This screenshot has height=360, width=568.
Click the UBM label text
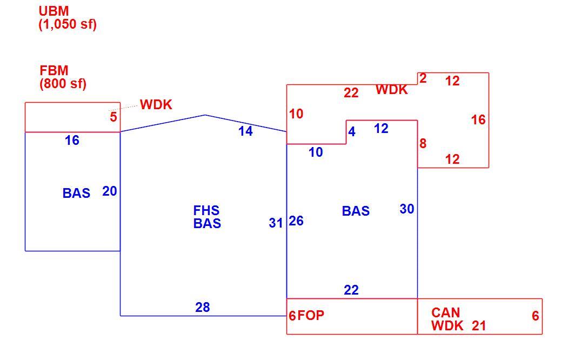click(x=54, y=11)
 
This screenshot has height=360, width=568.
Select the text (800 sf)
click(x=63, y=84)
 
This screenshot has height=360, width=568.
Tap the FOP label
click(x=311, y=316)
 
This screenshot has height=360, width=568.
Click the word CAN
click(x=445, y=312)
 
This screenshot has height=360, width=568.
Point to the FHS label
click(x=206, y=210)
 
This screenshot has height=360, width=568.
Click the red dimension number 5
click(x=113, y=117)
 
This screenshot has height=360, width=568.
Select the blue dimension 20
click(x=109, y=191)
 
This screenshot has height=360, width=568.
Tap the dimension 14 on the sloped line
click(x=245, y=131)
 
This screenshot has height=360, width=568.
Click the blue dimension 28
click(x=203, y=307)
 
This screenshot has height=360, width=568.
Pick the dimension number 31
click(x=276, y=223)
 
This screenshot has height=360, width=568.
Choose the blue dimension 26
click(x=296, y=221)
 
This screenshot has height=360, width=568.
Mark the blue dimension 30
click(x=407, y=209)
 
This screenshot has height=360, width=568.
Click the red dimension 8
click(x=423, y=143)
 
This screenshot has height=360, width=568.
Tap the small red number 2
click(x=423, y=78)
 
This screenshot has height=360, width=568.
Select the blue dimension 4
click(x=351, y=131)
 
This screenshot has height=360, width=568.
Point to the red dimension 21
click(x=478, y=326)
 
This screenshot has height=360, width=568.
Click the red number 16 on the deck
click(x=478, y=119)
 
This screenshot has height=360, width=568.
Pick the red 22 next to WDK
click(x=351, y=93)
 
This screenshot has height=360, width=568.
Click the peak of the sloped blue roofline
click(x=205, y=115)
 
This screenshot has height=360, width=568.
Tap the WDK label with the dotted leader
click(x=156, y=105)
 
